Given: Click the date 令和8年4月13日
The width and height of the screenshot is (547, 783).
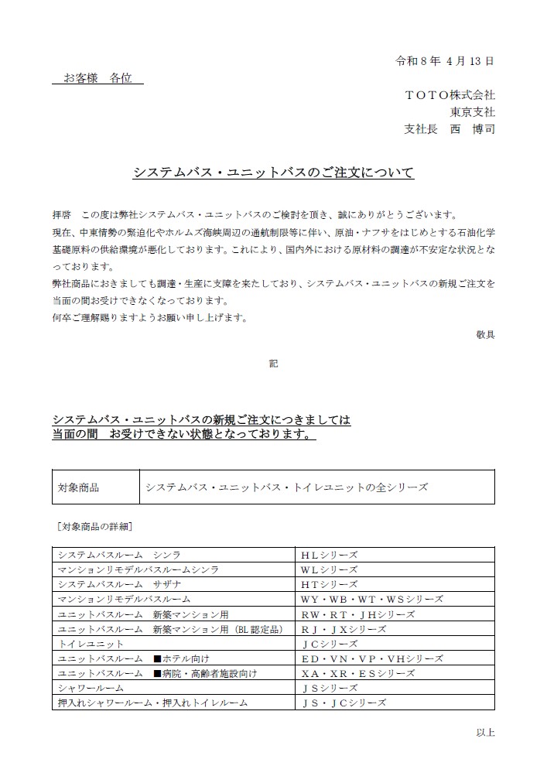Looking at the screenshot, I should (x=444, y=60).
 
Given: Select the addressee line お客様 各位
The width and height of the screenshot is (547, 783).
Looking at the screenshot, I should (x=97, y=78).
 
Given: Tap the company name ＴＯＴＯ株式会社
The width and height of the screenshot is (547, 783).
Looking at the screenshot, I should (x=450, y=95).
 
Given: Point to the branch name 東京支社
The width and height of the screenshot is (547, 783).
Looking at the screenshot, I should (x=473, y=112).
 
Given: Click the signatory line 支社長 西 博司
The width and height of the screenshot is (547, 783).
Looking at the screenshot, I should (x=450, y=129).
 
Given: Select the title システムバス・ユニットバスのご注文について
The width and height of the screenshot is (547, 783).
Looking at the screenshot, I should (x=273, y=173).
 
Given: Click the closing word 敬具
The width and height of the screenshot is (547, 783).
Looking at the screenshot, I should (x=485, y=334).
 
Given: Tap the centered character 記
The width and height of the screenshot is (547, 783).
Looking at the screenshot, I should (x=273, y=363).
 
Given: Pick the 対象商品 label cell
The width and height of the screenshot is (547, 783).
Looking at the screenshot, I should (x=79, y=487).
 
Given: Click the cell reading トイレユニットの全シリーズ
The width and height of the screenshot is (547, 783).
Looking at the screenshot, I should (x=286, y=487).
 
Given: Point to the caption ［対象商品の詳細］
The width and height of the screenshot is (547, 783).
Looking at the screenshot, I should (x=94, y=527).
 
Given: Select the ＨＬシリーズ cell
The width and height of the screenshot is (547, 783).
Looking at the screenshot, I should (x=330, y=555).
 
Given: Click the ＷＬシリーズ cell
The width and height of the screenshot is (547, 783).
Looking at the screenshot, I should (x=330, y=569).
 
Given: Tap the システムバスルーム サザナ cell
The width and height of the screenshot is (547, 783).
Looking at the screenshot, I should (x=120, y=584).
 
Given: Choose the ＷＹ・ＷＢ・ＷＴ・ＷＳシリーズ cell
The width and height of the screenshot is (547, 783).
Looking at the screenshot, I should (x=372, y=599).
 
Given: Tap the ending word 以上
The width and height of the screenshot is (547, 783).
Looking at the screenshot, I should (x=485, y=731).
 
